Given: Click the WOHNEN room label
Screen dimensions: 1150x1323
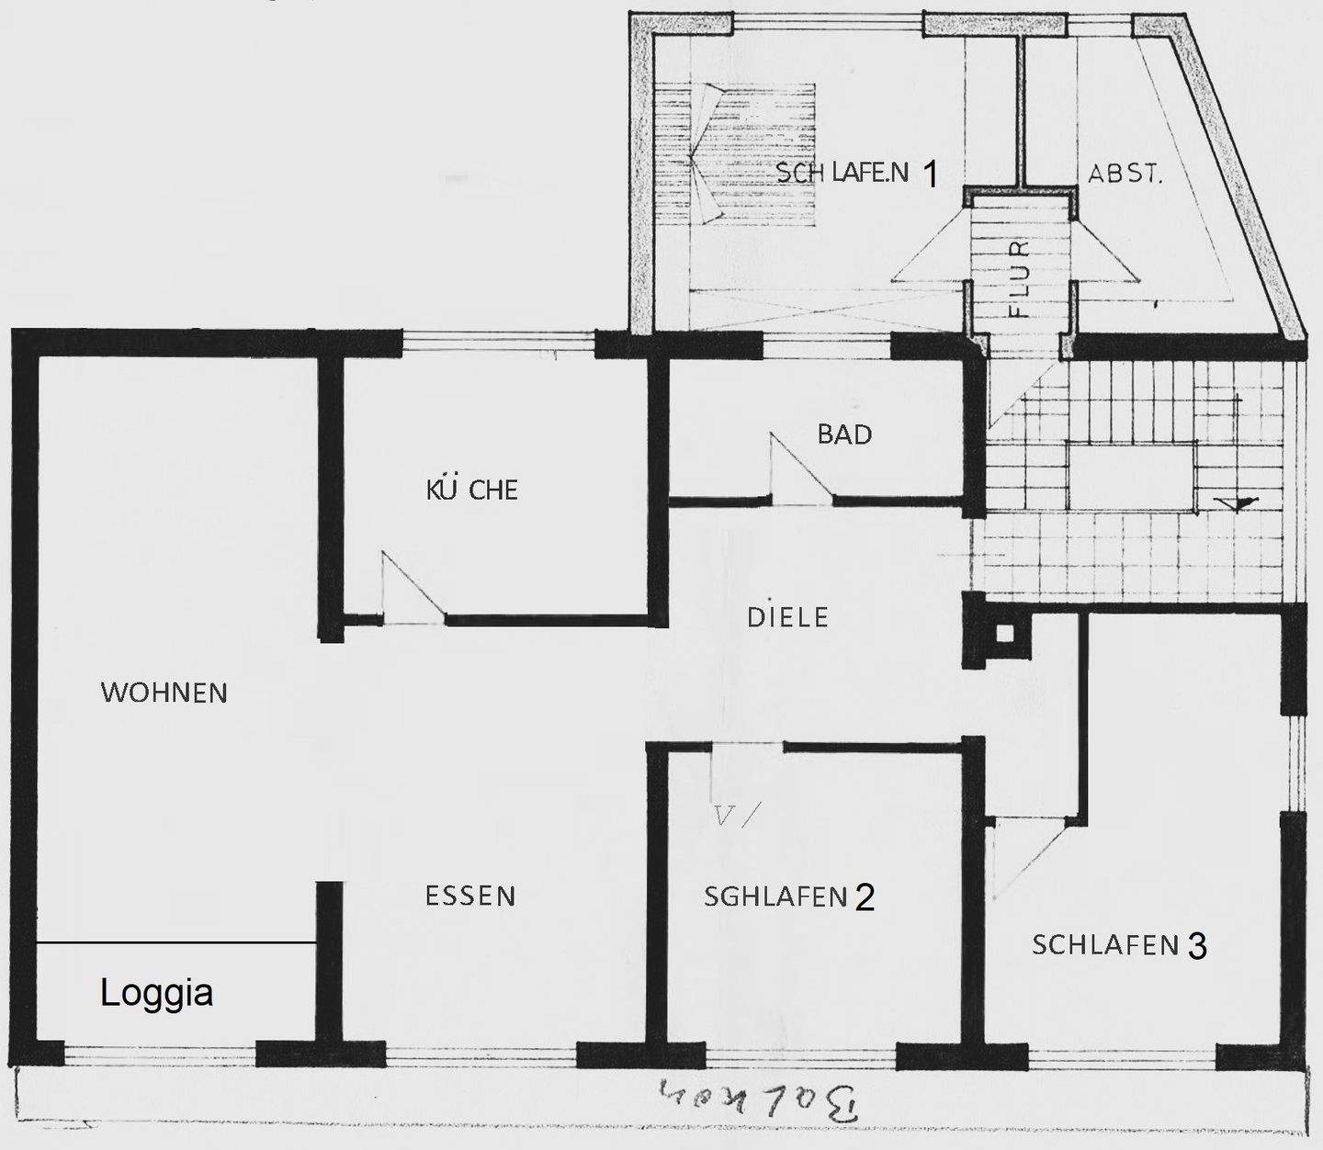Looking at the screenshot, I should tap(164, 692).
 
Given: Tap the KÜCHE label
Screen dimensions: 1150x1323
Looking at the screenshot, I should tap(472, 489).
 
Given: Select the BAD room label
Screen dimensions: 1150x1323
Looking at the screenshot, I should tap(844, 434).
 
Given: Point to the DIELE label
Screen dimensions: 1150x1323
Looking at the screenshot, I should tap(787, 616).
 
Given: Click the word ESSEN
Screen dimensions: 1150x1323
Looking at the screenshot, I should tap(470, 895).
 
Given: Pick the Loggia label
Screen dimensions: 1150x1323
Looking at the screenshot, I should tap(157, 993).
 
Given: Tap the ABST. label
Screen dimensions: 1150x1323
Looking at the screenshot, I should tap(1125, 174).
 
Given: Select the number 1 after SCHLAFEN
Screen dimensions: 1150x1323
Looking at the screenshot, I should tap(930, 174).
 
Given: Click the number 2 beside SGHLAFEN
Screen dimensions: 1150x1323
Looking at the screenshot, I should tap(865, 896).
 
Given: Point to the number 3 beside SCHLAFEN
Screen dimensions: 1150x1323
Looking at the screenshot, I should tap(1197, 945).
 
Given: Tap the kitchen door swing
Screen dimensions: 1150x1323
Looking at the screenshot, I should tap(413, 588).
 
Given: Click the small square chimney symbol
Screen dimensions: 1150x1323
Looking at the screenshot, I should tap(1004, 633).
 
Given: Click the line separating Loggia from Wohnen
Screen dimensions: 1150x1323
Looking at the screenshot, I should tap(175, 943).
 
